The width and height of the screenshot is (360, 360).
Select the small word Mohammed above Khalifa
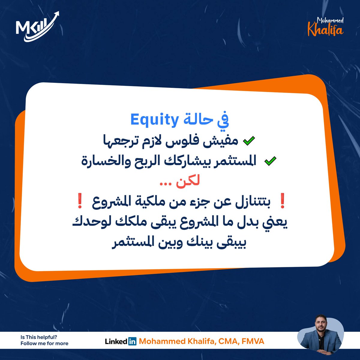tap(330, 20)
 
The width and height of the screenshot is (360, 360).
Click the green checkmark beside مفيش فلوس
tap(249, 141)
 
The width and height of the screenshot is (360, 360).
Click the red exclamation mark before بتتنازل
tap(282, 201)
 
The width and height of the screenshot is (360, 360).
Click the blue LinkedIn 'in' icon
tap(132, 341)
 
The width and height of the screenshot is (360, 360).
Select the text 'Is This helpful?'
tap(39, 337)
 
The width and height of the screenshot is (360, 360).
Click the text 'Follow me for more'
tap(44, 343)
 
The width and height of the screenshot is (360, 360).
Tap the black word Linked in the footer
tap(116, 341)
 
